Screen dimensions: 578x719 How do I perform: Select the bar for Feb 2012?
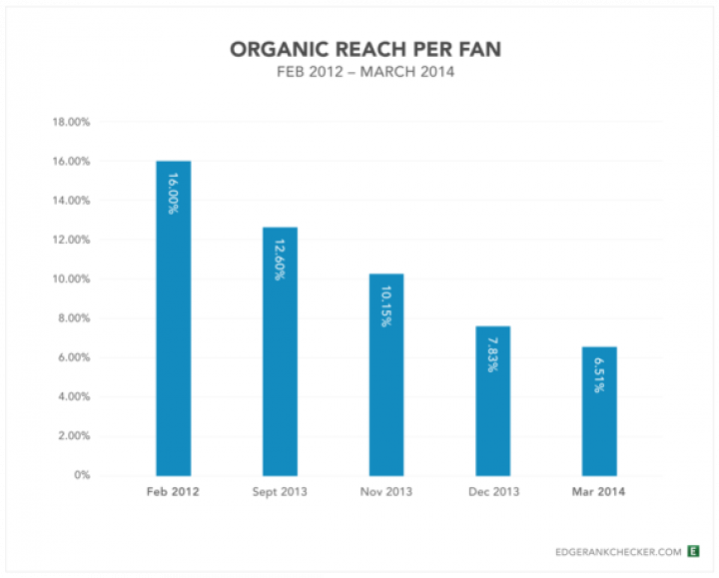point(173,329)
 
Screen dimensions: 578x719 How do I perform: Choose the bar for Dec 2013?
point(493,409)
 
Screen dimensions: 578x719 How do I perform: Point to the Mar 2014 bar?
point(599,419)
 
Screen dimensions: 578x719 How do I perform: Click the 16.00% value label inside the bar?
point(173,193)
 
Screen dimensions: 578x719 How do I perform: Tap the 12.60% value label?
point(280,259)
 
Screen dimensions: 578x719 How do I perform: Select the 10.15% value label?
point(386,305)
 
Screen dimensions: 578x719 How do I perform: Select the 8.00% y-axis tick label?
point(73,318)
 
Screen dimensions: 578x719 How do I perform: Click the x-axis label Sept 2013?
point(280,492)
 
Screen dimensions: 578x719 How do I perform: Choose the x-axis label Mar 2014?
point(599,492)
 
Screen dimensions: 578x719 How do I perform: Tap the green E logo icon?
point(694,550)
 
